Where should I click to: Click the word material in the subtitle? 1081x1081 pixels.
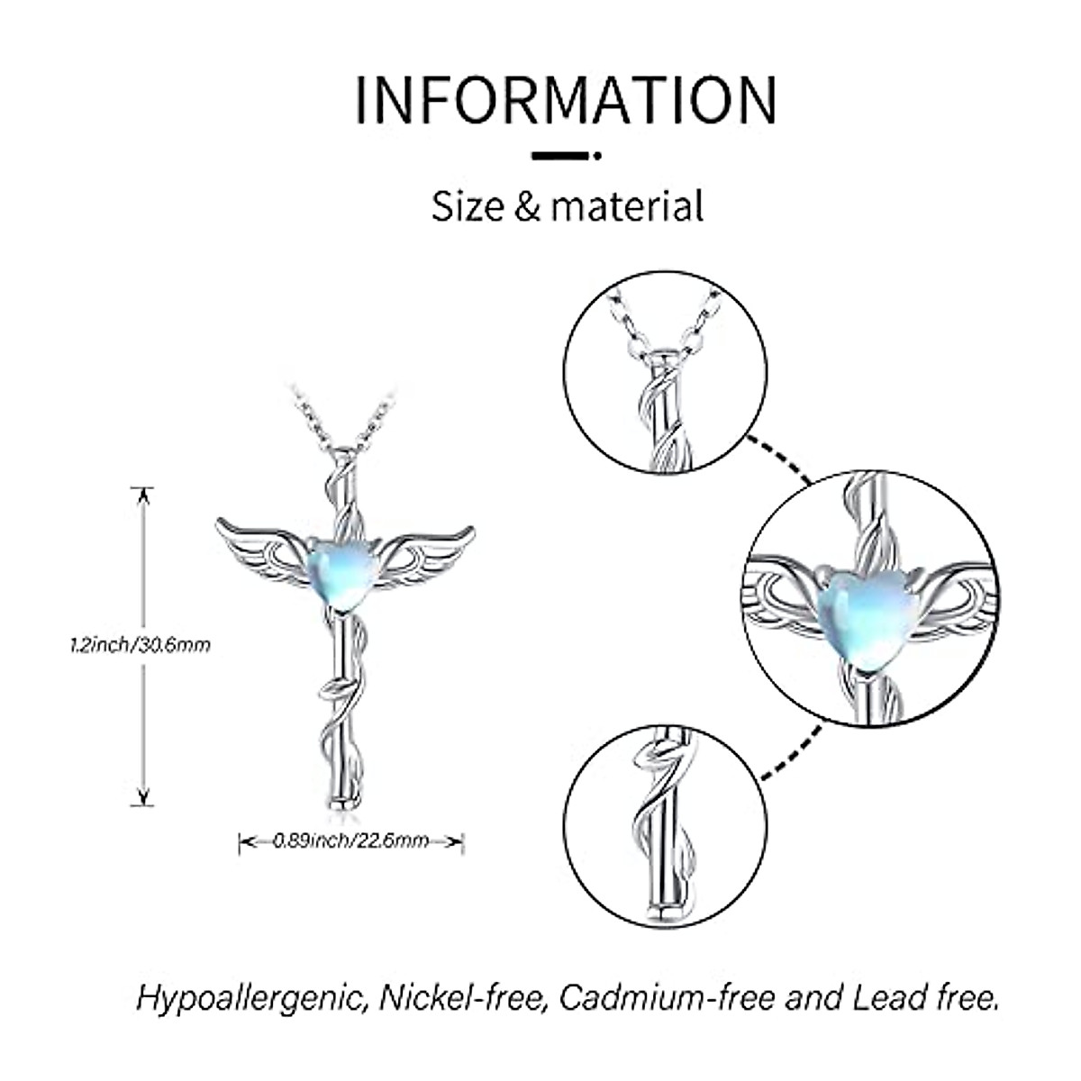pyautogui.click(x=627, y=205)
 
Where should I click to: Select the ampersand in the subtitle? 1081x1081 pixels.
pyautogui.click(x=527, y=206)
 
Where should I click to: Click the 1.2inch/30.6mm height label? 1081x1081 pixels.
pyautogui.click(x=140, y=645)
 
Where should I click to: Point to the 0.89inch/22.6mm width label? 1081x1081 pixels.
pyautogui.click(x=350, y=841)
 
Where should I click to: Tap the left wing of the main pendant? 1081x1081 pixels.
pyautogui.click(x=261, y=549)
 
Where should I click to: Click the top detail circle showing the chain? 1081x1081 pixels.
pyautogui.click(x=665, y=368)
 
